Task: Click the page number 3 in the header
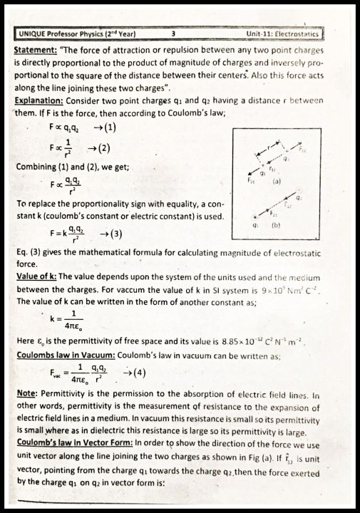174,33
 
